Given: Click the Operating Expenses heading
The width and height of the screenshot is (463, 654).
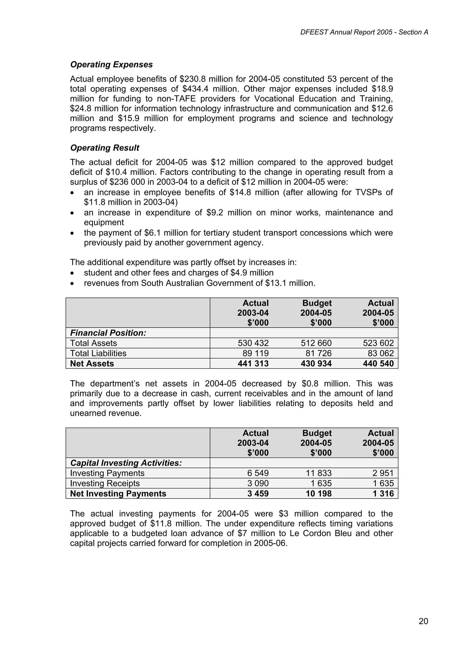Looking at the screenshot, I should (x=111, y=65).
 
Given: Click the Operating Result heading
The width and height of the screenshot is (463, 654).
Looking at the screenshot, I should (x=104, y=148).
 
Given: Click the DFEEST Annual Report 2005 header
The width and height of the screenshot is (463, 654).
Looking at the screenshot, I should (x=364, y=32).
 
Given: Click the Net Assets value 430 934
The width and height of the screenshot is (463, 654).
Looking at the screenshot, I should (x=316, y=363).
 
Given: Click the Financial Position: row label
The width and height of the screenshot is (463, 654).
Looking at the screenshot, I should (x=108, y=333).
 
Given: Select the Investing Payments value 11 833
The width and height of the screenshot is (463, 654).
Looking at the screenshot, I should (x=319, y=473).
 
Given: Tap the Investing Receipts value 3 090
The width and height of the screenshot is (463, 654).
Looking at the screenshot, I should (x=258, y=483).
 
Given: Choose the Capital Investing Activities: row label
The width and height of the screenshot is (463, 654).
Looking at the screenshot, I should (x=126, y=463).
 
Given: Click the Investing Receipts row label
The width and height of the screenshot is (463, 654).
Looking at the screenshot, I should (x=105, y=483).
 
